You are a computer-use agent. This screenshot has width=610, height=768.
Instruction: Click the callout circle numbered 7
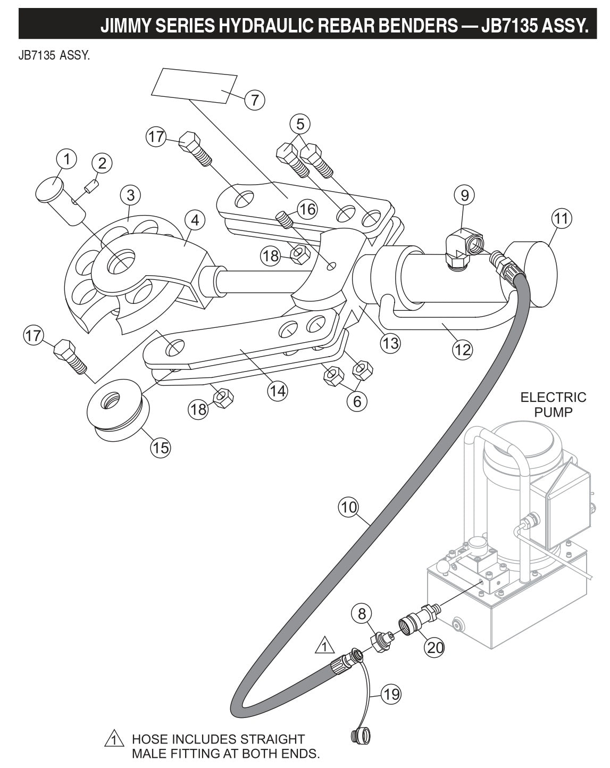tap(254, 100)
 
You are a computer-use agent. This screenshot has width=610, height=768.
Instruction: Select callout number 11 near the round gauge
tap(562, 218)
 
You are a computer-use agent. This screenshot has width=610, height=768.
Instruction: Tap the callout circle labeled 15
tap(160, 448)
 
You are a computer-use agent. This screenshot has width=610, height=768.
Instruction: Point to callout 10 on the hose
tap(349, 507)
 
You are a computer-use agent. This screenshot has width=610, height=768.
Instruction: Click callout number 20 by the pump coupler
tap(434, 647)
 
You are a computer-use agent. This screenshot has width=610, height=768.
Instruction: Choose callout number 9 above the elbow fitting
tap(464, 195)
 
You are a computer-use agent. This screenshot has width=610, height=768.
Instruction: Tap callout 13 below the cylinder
tap(391, 343)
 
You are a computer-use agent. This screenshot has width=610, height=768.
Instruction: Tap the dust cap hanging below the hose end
tap(361, 737)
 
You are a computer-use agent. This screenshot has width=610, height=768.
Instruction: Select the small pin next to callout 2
tap(91, 187)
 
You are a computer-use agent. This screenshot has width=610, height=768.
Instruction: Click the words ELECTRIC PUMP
tap(553, 404)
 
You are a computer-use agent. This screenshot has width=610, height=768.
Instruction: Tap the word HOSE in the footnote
tap(151, 739)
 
